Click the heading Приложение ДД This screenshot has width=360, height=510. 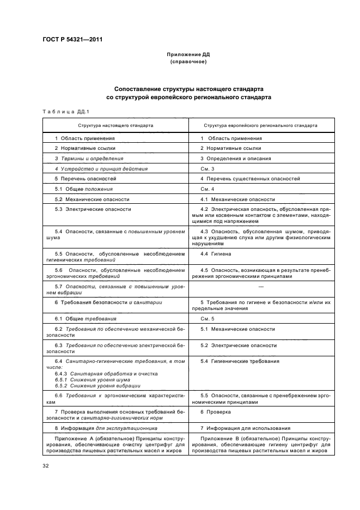tap(188, 55)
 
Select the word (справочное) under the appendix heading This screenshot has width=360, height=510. tap(188, 62)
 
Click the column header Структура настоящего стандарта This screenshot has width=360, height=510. tap(115, 125)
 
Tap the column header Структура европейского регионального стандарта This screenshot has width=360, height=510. tap(260, 125)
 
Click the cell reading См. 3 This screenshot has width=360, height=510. tap(208, 168)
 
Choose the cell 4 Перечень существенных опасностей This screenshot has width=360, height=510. tap(249, 179)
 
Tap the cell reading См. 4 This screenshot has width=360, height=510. tap(208, 189)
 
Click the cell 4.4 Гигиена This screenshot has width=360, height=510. tap(216, 254)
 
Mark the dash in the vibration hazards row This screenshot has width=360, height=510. tap(260, 286)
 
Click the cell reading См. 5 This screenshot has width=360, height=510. tap(208, 318)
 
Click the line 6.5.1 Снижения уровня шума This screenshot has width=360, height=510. tap(86, 380)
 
